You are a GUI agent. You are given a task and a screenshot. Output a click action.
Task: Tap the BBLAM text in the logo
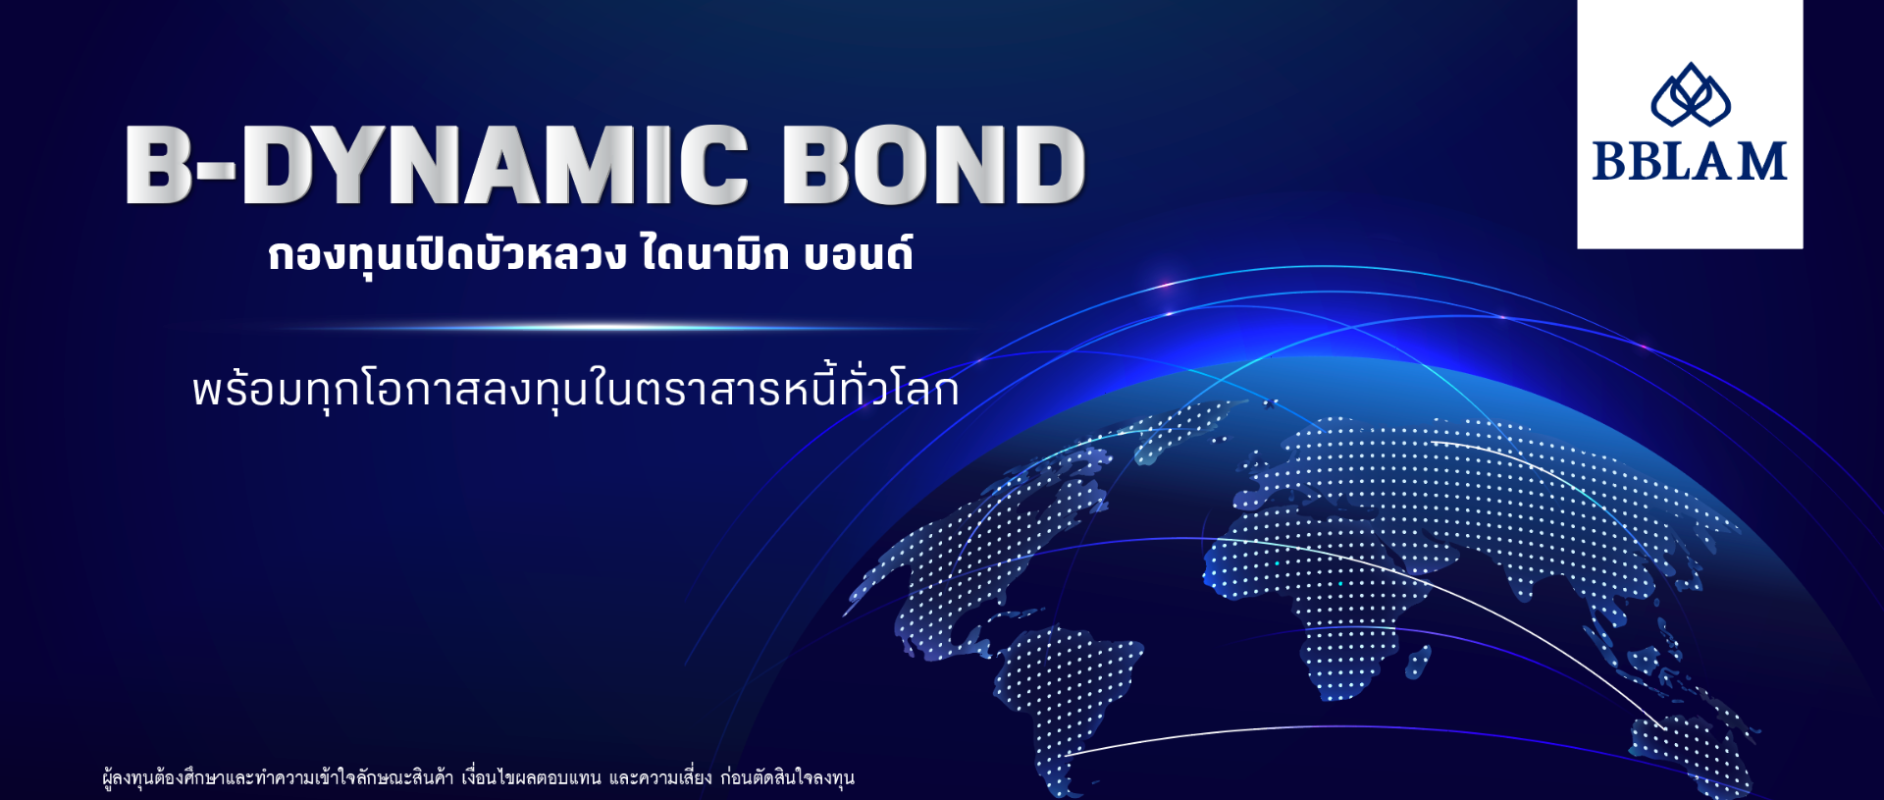point(1689,162)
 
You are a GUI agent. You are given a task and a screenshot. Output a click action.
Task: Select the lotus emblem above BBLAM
point(1690,95)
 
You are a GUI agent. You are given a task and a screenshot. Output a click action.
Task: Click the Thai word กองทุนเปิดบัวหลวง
point(446,254)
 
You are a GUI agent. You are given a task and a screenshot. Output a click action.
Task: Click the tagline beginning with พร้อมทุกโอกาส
point(575,390)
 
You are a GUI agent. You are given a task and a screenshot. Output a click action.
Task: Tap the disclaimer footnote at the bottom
point(478,777)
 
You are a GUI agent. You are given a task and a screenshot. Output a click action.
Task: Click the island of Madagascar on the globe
point(1418,663)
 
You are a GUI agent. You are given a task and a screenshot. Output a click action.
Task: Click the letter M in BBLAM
point(1761,162)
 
